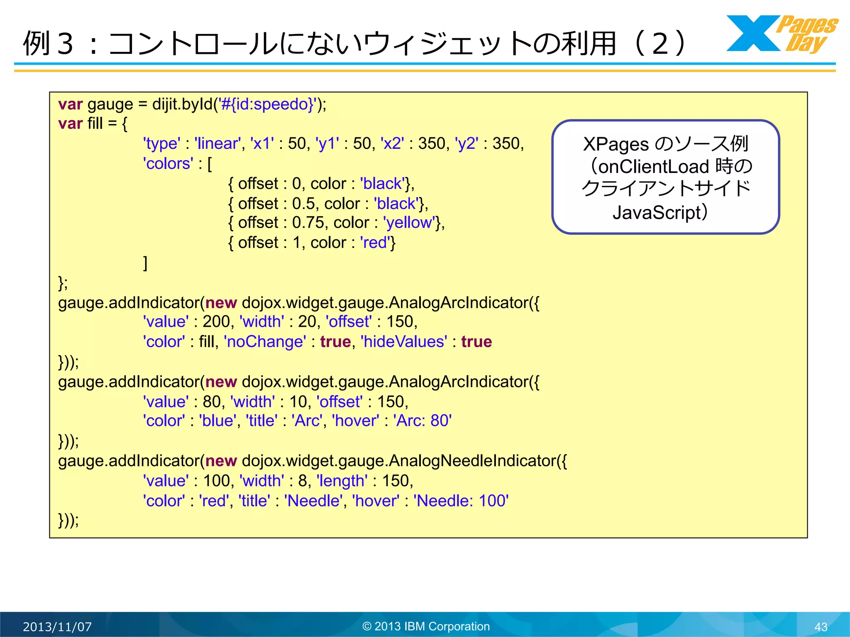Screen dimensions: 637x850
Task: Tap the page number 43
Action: (x=821, y=627)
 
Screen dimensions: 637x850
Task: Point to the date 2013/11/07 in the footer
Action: (x=57, y=627)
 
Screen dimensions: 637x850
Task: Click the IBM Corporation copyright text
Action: (x=426, y=626)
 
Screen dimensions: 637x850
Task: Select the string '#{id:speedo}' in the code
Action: (x=267, y=104)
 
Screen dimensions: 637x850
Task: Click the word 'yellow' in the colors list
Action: (x=409, y=223)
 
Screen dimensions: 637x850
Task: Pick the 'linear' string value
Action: (x=217, y=143)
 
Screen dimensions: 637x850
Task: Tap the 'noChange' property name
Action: (x=265, y=342)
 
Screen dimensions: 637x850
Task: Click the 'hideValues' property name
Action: (x=404, y=342)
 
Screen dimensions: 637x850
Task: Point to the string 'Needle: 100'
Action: (x=461, y=501)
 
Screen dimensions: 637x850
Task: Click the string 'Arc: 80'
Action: (x=422, y=421)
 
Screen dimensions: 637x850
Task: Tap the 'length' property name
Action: (x=342, y=481)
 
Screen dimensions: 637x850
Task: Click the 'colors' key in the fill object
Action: (x=168, y=164)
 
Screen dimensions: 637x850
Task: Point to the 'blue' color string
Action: (x=217, y=421)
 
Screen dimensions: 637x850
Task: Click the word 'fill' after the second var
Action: (x=95, y=124)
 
